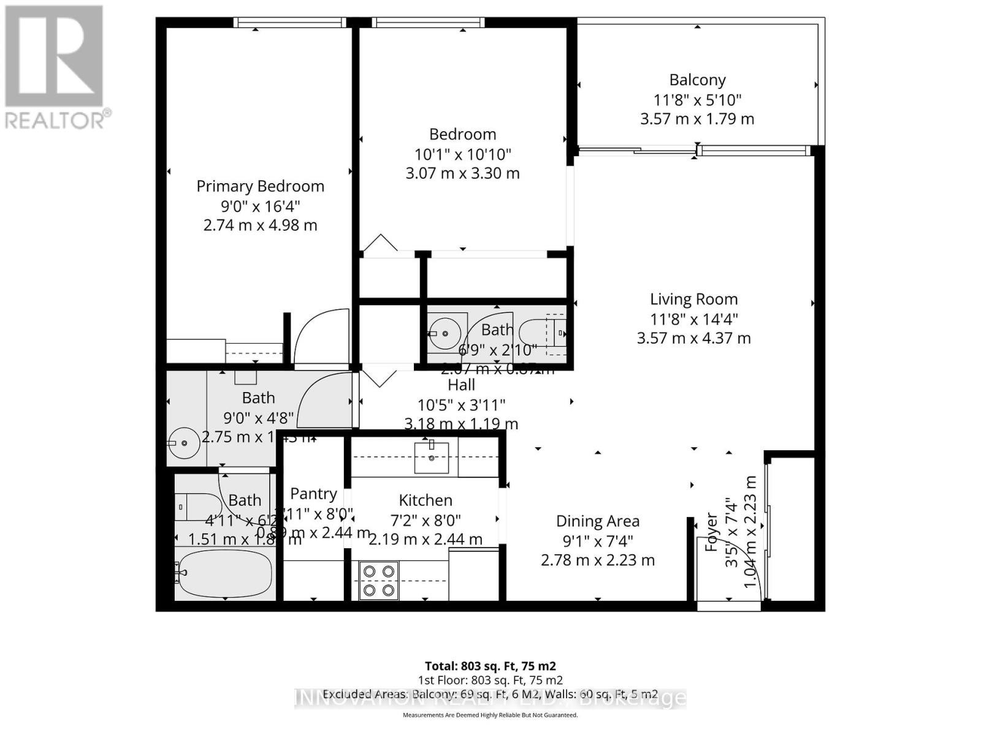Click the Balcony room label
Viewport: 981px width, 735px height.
(x=697, y=80)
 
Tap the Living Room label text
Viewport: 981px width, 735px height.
(x=693, y=300)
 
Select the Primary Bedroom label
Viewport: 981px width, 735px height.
(x=260, y=186)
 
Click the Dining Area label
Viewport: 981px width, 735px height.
(x=597, y=521)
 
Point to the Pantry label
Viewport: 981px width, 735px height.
(x=313, y=494)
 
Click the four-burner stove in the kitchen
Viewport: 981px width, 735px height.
(x=378, y=581)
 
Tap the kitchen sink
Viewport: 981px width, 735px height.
(x=432, y=457)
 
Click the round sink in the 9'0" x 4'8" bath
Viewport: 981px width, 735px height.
(x=183, y=442)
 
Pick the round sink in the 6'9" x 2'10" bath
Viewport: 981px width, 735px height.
(x=446, y=333)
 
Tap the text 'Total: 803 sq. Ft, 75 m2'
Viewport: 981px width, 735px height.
(x=490, y=666)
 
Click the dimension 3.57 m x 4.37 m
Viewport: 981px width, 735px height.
(x=693, y=338)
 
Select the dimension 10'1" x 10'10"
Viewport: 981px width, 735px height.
(x=462, y=154)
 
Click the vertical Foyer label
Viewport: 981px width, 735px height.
(x=711, y=532)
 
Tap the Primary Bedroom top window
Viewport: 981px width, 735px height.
(x=290, y=23)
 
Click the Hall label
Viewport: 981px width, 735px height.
(x=461, y=385)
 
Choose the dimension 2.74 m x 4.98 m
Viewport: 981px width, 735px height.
(x=260, y=225)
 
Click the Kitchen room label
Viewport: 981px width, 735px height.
(x=426, y=500)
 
